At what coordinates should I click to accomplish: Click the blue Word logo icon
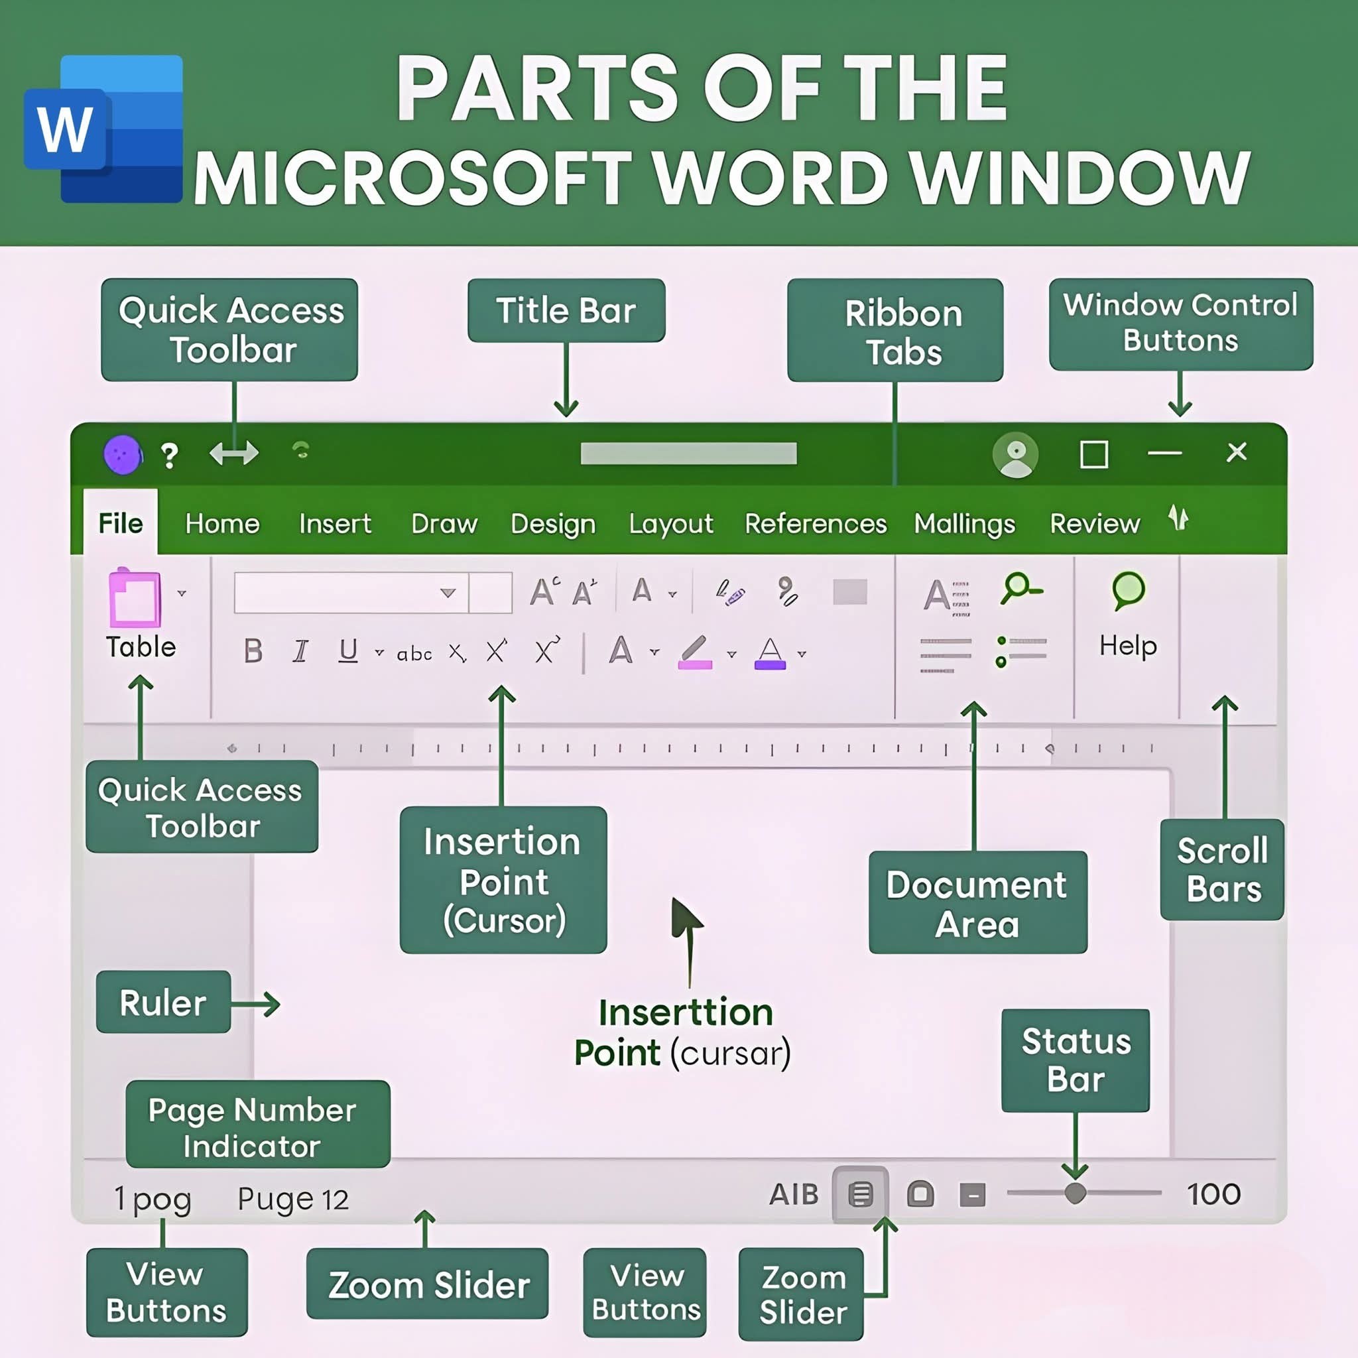[104, 129]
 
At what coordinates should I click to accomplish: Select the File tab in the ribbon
[120, 524]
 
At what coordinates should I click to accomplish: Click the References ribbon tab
[816, 524]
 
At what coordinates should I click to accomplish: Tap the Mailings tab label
[964, 524]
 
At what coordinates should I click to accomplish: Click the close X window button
[1237, 452]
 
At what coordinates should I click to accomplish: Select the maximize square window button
[1093, 454]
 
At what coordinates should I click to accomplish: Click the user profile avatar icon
[1015, 455]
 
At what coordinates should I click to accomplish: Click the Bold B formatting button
[253, 651]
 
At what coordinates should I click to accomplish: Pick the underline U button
[348, 651]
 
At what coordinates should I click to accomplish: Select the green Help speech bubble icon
[1128, 590]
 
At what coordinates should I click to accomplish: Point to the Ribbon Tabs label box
[895, 330]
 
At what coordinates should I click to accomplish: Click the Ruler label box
[163, 1003]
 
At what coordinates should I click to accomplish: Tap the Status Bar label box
[1075, 1060]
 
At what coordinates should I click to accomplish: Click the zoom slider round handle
[1075, 1193]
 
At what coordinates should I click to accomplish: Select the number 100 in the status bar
[1213, 1194]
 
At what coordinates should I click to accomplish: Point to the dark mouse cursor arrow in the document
[684, 918]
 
